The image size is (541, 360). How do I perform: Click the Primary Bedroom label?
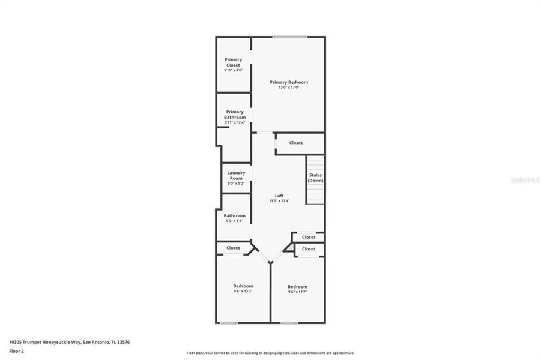288,82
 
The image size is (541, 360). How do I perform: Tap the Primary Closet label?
233,62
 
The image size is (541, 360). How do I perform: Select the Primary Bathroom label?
235,115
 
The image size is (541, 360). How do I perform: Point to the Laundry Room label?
235,175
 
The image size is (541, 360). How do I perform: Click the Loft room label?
279,196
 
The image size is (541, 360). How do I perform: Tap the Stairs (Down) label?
315,178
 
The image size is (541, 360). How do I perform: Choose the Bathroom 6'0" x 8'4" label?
234,215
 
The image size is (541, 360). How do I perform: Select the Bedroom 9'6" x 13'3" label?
243,286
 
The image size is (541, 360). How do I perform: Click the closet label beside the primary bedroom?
295,143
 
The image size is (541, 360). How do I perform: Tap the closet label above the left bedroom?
233,248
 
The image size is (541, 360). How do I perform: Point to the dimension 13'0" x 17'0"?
288,88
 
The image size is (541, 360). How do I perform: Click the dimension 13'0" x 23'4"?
279,201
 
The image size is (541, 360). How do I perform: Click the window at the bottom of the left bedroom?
228,323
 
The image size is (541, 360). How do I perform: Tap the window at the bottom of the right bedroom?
289,323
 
